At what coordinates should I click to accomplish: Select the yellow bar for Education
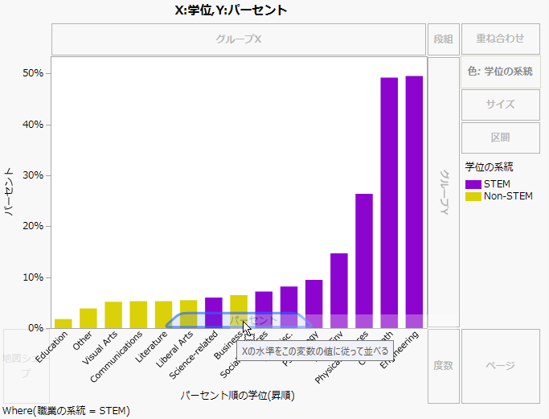coord(63,323)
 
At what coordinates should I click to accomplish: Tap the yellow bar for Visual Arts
coord(113,314)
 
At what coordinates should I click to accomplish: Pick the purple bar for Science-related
coord(214,313)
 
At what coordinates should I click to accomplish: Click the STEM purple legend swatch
coord(474,184)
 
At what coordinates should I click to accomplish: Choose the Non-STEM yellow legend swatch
coord(474,196)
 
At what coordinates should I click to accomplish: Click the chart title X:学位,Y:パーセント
coord(231,10)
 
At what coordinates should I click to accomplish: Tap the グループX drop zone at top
coord(239,39)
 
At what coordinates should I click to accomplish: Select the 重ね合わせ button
coord(500,39)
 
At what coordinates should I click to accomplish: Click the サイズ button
coord(500,105)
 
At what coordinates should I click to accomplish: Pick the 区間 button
coord(500,138)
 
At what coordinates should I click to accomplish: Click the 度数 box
coord(443,365)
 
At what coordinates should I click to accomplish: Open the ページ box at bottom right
coord(500,365)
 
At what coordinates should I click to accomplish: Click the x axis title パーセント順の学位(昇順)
coord(236,396)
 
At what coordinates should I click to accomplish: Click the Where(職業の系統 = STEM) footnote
coord(66,411)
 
